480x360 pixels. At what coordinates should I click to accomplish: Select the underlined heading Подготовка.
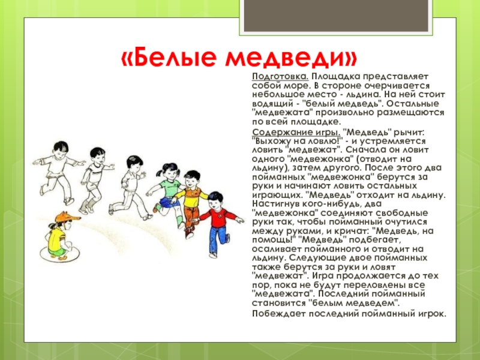click(280, 77)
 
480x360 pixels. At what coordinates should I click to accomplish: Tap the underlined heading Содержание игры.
click(296, 133)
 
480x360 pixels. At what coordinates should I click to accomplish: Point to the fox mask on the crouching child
click(67, 217)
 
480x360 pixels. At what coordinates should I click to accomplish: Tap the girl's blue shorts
click(166, 202)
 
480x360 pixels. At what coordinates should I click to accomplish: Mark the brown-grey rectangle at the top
click(336, 16)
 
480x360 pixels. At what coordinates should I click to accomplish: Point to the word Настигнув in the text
click(277, 204)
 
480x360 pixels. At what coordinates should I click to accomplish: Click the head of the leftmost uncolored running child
click(61, 148)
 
